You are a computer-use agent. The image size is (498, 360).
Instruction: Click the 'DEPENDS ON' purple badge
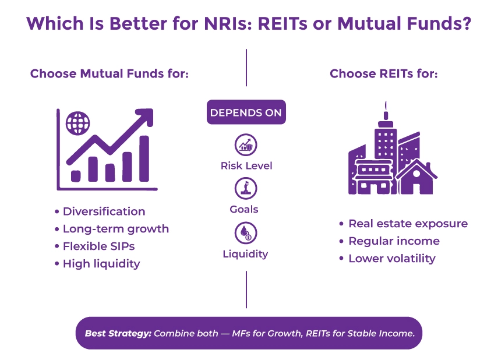[246, 112]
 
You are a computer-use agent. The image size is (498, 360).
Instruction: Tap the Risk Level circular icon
[246, 144]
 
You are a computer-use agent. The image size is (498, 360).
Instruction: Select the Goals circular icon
[246, 188]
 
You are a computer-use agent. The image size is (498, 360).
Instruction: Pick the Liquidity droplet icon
[246, 233]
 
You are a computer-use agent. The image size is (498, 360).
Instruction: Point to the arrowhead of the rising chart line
[146, 116]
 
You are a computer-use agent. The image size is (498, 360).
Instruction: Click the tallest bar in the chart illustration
[144, 158]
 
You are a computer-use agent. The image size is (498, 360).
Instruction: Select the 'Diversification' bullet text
[104, 211]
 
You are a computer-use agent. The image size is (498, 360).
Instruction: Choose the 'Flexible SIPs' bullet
[98, 246]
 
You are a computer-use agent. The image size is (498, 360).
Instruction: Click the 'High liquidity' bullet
[101, 264]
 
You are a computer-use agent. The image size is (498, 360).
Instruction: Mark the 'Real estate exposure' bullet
[407, 224]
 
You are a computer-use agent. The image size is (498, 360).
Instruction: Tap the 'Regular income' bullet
[393, 241]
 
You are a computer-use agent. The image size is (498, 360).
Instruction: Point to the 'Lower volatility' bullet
[391, 259]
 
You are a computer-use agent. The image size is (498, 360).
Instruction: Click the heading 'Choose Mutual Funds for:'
[110, 74]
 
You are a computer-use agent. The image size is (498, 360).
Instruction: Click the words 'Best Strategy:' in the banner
[118, 334]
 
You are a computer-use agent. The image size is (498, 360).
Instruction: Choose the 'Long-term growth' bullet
[115, 229]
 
